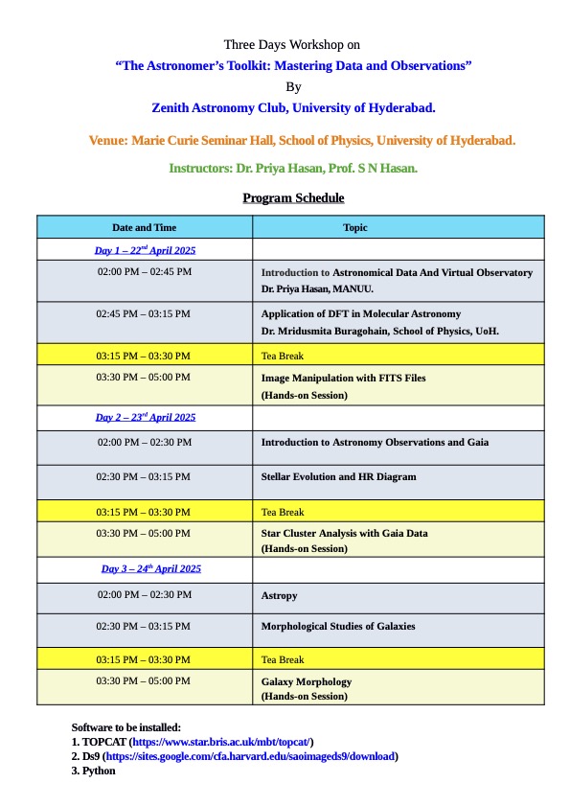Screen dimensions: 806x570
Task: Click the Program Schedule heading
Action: coord(293,198)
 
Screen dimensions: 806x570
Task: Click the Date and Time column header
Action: coord(145,228)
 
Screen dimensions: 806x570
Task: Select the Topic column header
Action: coord(355,228)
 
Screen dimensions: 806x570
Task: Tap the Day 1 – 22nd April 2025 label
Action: coord(145,250)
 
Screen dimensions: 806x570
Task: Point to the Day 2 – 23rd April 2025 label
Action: coord(145,417)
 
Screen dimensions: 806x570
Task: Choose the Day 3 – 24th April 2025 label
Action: coord(150,568)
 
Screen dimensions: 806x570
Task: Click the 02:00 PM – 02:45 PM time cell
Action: coord(145,272)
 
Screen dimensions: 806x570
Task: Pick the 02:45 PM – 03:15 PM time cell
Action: coord(144,313)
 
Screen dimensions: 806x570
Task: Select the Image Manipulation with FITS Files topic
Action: coord(343,378)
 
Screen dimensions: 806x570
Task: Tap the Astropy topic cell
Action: coord(280,595)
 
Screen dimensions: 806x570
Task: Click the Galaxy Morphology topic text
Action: coord(307,681)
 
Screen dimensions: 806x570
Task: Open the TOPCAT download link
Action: coord(221,742)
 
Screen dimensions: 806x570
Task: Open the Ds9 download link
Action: coord(249,756)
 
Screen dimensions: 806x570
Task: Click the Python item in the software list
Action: coord(99,770)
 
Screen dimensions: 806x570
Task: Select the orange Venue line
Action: coord(302,140)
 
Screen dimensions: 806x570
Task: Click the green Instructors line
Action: coord(293,168)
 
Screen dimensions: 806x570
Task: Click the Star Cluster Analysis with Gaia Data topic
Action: coord(344,533)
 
